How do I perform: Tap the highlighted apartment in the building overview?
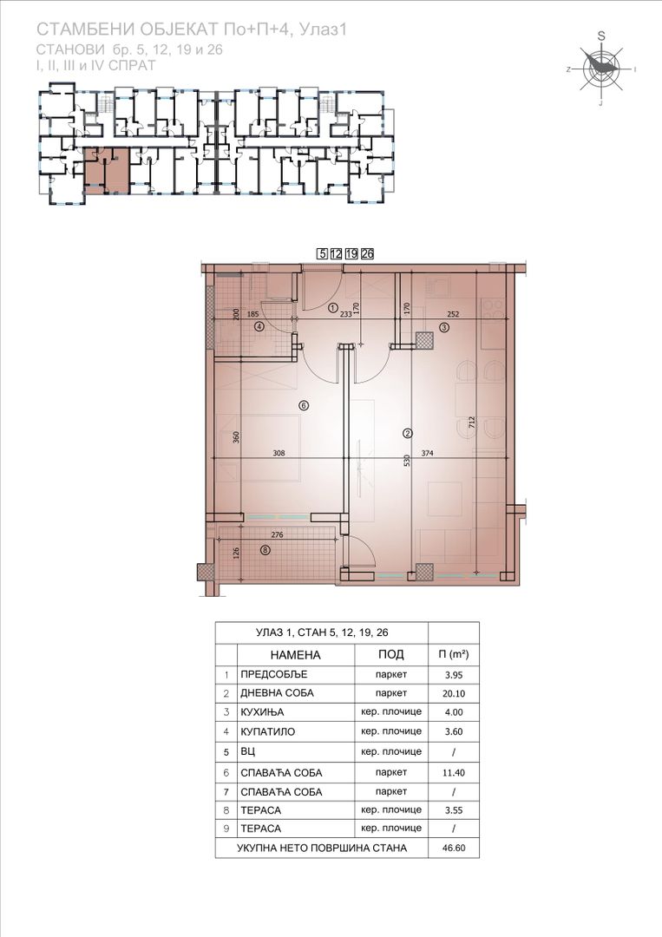[x=105, y=171]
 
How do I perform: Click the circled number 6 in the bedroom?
[x=304, y=406]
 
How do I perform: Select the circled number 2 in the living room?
[x=408, y=433]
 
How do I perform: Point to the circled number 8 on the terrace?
[x=265, y=550]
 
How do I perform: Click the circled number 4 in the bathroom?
[x=259, y=327]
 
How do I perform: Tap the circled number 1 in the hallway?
[x=333, y=308]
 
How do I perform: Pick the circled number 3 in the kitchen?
[x=444, y=327]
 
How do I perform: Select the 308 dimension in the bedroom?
[x=279, y=453]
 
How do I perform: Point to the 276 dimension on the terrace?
[x=277, y=534]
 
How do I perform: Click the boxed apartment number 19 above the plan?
[x=351, y=253]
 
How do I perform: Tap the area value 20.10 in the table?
[x=454, y=694]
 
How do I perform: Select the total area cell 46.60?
[x=454, y=848]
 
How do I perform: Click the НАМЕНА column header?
[x=295, y=655]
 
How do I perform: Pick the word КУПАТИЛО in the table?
[x=268, y=731]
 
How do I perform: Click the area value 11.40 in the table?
[x=454, y=773]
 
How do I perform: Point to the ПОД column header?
[x=391, y=654]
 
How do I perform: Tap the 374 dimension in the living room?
[x=427, y=453]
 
